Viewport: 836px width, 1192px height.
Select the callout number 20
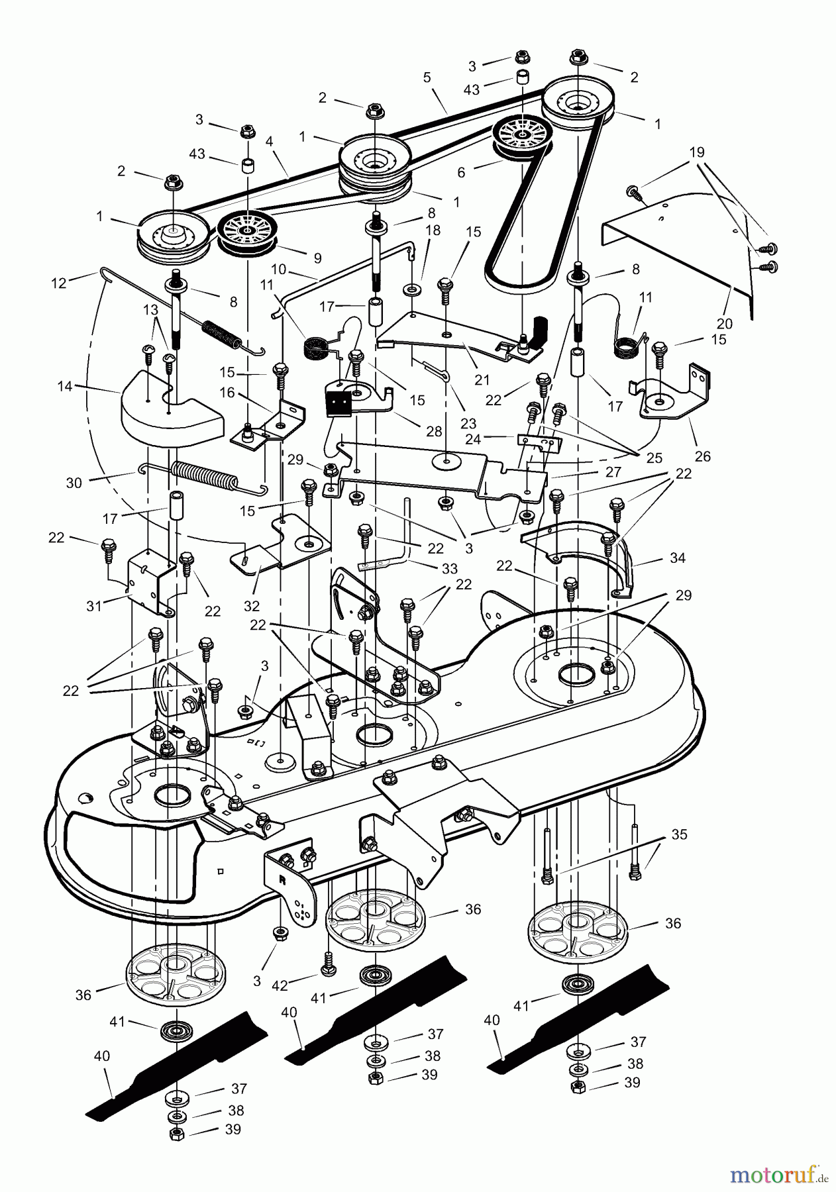click(x=725, y=324)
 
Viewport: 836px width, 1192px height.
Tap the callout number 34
click(x=677, y=558)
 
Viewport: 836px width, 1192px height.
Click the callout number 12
click(x=59, y=283)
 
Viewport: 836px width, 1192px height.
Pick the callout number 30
click(x=74, y=483)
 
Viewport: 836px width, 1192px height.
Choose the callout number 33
click(x=450, y=568)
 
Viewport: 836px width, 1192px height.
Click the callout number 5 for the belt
click(x=427, y=77)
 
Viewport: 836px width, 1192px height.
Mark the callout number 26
click(x=702, y=456)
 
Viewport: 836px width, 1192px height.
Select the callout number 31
click(x=95, y=605)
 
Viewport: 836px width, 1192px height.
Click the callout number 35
click(x=679, y=834)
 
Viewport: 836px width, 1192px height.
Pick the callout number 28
click(x=434, y=432)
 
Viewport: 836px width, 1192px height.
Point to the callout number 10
click(x=279, y=270)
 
